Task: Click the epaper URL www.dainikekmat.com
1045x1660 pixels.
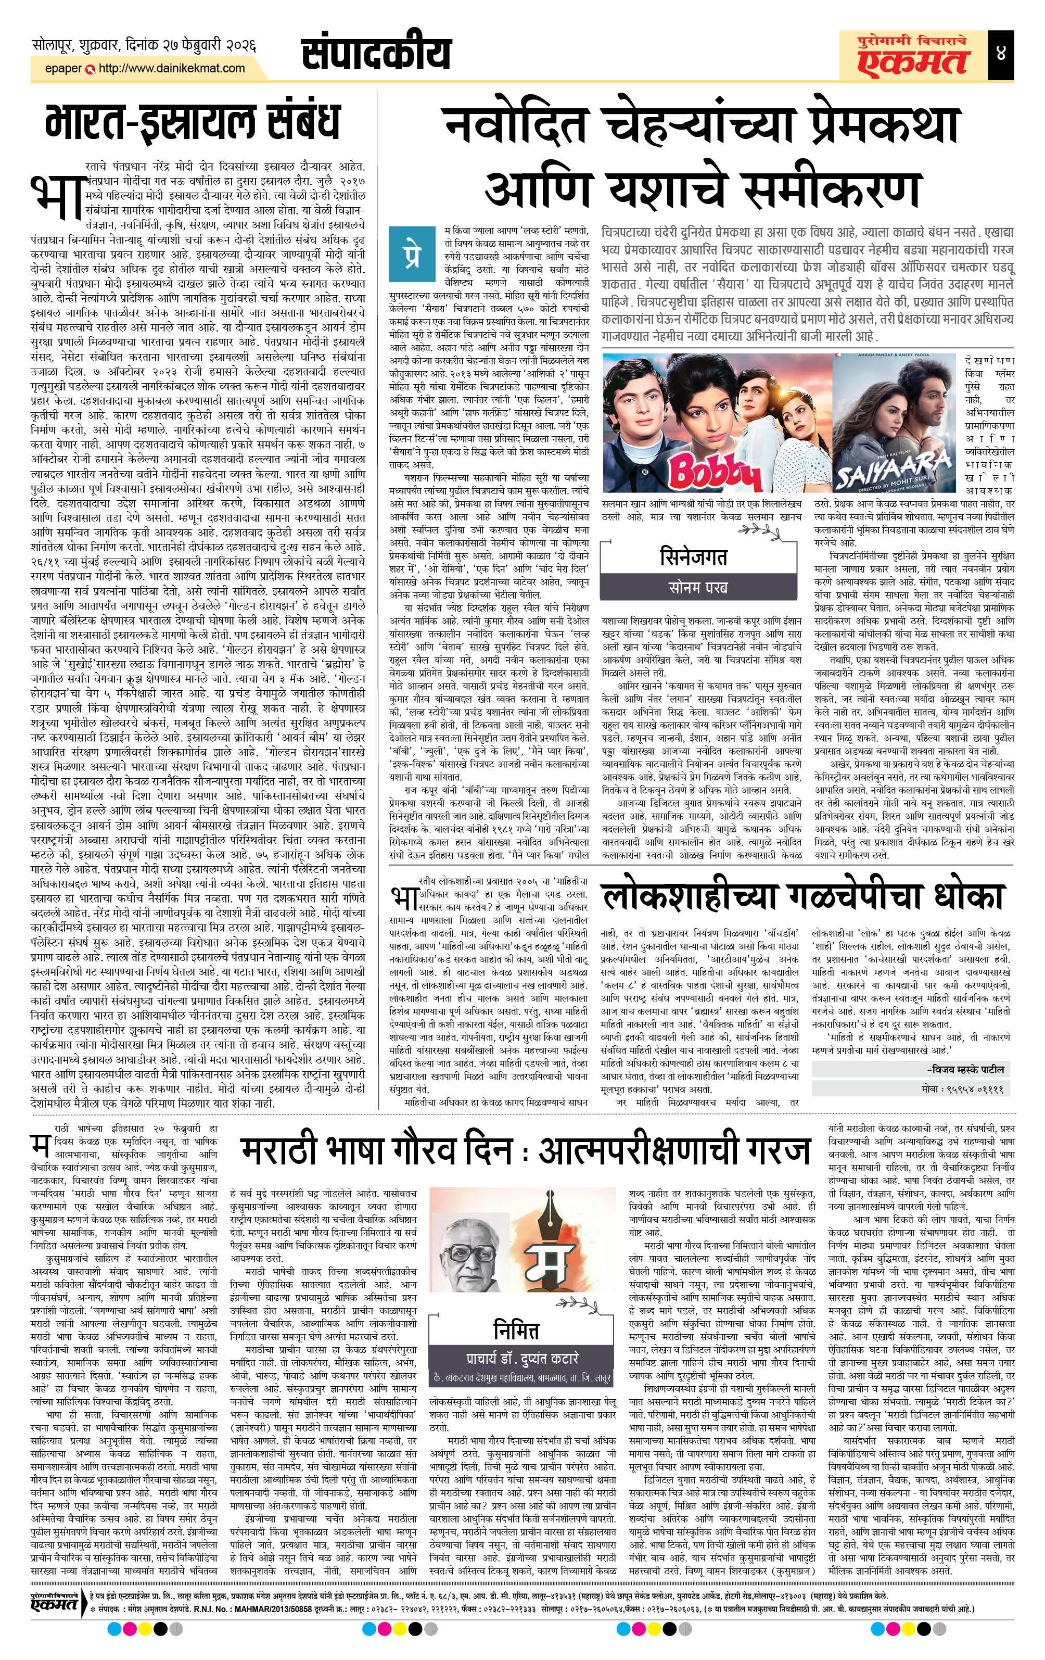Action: click(172, 68)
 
